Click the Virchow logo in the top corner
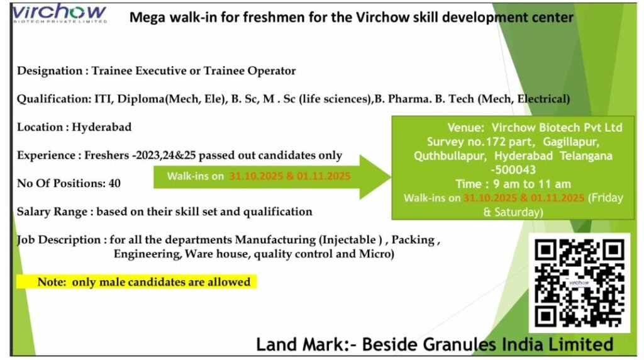pyautogui.click(x=59, y=14)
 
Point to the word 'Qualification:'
pyautogui.click(x=54, y=99)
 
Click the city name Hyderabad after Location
pyautogui.click(x=102, y=127)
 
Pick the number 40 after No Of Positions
pyautogui.click(x=114, y=183)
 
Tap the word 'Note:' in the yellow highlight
pyautogui.click(x=52, y=282)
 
